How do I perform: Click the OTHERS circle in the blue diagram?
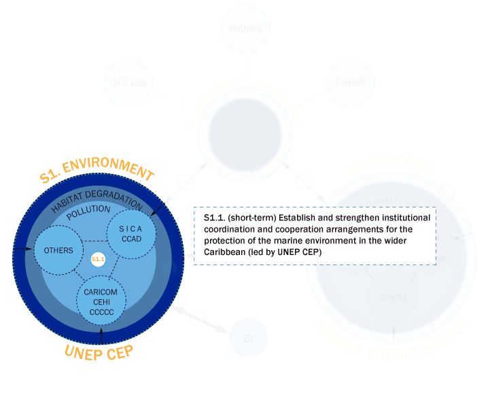(x=58, y=250)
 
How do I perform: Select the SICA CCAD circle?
(x=132, y=233)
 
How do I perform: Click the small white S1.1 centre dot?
(x=99, y=260)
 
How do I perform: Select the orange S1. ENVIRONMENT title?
(x=97, y=169)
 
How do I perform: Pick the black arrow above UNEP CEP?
(x=101, y=333)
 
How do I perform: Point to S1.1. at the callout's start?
(x=215, y=218)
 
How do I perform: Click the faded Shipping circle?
(x=245, y=28)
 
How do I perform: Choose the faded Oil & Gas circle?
(x=128, y=82)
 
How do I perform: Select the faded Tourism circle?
(x=350, y=82)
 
